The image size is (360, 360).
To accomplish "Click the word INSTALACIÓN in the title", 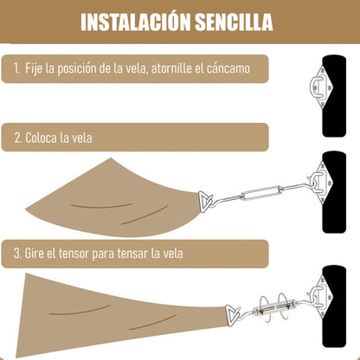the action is (135, 22).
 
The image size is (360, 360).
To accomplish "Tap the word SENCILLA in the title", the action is (234, 22).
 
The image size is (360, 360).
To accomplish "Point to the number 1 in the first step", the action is (16, 69).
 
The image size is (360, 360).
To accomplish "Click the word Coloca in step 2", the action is (41, 138).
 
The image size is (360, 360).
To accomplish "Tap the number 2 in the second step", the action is (18, 138).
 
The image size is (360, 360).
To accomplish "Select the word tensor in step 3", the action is (74, 254).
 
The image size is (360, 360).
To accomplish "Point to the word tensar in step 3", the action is (132, 254).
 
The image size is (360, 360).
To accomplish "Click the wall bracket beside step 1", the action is (321, 87).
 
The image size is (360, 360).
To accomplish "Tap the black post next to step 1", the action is (334, 96).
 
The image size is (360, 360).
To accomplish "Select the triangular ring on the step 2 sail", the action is (205, 202).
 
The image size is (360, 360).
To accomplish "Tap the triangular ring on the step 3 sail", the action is (232, 315).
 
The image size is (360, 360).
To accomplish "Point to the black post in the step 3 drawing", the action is (334, 306).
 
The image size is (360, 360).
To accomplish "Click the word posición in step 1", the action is (76, 69).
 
